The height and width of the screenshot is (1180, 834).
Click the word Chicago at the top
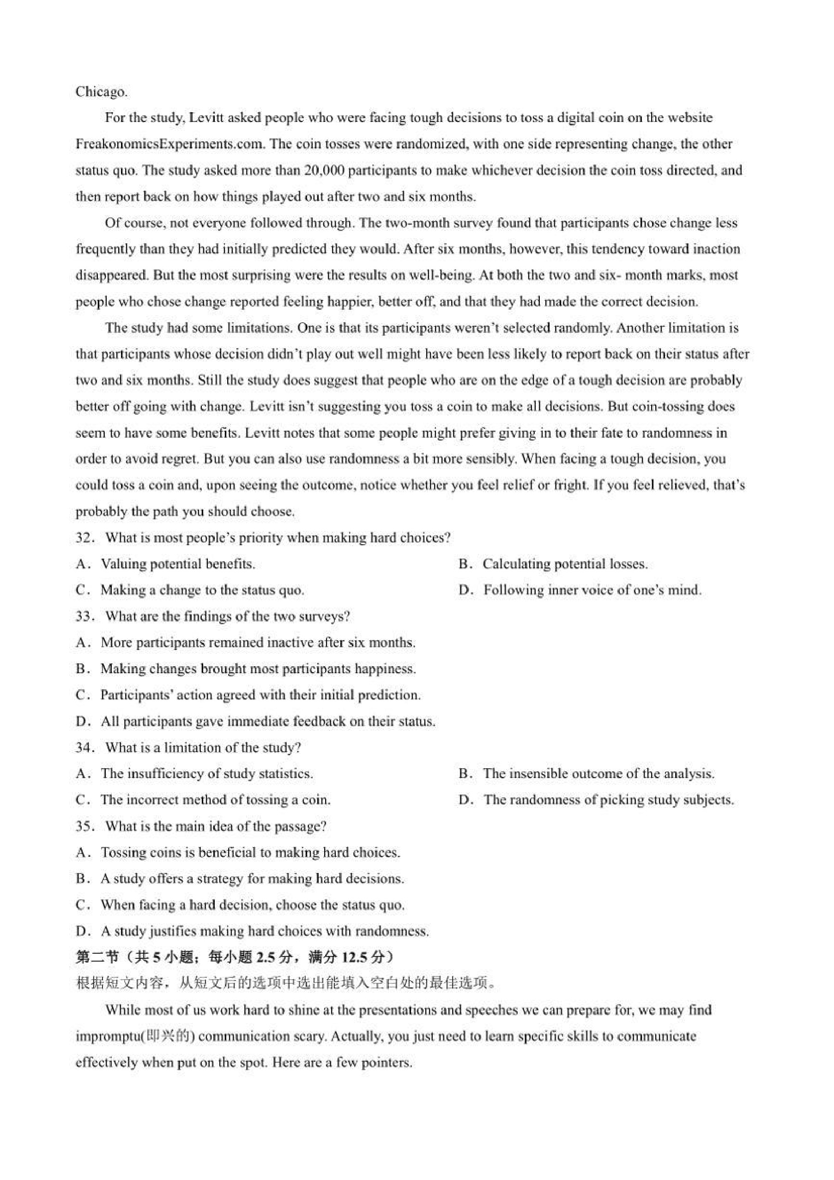(101, 92)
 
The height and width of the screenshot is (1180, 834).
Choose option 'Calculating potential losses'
(565, 564)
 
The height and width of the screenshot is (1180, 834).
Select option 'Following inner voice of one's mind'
(592, 590)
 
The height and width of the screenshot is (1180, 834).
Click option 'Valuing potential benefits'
(178, 564)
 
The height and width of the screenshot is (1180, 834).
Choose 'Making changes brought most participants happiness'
(258, 669)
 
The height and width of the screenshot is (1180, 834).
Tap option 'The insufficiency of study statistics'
(207, 773)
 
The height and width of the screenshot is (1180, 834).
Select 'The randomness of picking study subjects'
(609, 800)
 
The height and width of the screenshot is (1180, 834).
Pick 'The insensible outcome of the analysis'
(598, 773)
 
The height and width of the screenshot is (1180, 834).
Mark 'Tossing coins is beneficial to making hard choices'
(250, 853)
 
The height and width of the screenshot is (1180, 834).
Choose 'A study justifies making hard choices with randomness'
(265, 931)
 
